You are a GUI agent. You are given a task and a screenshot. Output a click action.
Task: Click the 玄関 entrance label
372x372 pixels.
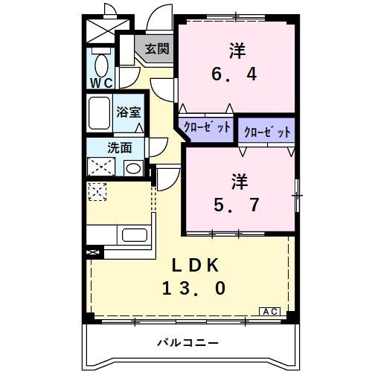pos(157,49)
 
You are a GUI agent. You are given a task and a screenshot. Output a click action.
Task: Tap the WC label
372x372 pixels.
pos(101,83)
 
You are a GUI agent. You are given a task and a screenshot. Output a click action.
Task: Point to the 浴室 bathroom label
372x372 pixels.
pos(128,113)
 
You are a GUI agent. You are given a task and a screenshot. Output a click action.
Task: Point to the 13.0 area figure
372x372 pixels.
pos(195,287)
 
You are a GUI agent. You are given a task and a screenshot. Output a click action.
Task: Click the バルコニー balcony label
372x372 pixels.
pos(187,343)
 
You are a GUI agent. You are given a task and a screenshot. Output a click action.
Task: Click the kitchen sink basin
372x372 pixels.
pos(134,237)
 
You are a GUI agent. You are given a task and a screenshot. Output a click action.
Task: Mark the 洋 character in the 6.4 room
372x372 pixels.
pos(237,51)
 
